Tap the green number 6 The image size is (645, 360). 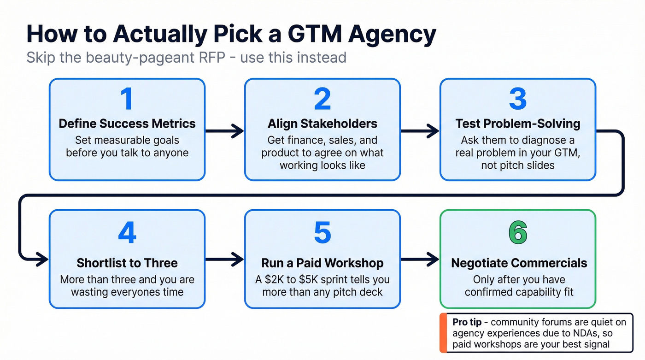[518, 233]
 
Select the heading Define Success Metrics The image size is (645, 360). [127, 124]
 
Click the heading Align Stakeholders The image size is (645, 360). [322, 124]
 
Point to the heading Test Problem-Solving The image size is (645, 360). [518, 124]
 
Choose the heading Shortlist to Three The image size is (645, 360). [127, 263]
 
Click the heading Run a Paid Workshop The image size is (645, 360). [322, 263]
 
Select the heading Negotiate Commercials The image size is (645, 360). [519, 263]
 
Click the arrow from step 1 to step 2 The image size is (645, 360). [224, 131]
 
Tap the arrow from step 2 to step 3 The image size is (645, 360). [420, 131]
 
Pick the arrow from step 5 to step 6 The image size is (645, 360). [420, 260]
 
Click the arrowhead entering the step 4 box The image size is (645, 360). [42, 260]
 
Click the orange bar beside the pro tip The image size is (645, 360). [443, 333]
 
